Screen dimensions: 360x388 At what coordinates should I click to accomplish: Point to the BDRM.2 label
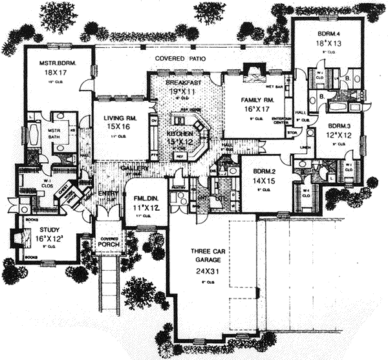[x=262, y=171]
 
